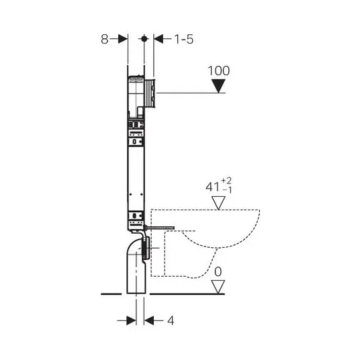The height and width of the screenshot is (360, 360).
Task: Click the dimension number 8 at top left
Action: (105, 39)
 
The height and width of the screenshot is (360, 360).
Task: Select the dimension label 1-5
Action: (184, 39)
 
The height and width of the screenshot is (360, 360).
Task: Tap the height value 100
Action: (218, 71)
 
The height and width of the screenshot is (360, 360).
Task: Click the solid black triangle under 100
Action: (218, 86)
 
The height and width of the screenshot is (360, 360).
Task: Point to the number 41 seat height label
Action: (212, 187)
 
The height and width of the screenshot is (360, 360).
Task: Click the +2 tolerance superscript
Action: (226, 181)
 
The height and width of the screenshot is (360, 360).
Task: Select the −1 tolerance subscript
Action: (227, 190)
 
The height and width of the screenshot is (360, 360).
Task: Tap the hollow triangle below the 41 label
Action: (218, 203)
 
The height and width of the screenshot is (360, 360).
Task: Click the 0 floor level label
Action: (218, 272)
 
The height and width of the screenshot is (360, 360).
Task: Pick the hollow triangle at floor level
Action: (218, 287)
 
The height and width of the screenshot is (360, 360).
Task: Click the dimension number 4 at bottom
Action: (171, 320)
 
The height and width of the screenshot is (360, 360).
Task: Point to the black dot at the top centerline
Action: (144, 39)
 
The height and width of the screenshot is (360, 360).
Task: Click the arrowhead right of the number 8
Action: (123, 39)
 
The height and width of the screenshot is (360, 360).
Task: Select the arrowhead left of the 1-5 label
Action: (159, 39)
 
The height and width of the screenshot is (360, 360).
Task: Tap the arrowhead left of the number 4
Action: (149, 320)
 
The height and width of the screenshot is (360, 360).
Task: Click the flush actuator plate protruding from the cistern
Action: (150, 93)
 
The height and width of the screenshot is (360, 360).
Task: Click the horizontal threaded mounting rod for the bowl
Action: (159, 228)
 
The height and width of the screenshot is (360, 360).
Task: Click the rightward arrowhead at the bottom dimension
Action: (132, 320)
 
